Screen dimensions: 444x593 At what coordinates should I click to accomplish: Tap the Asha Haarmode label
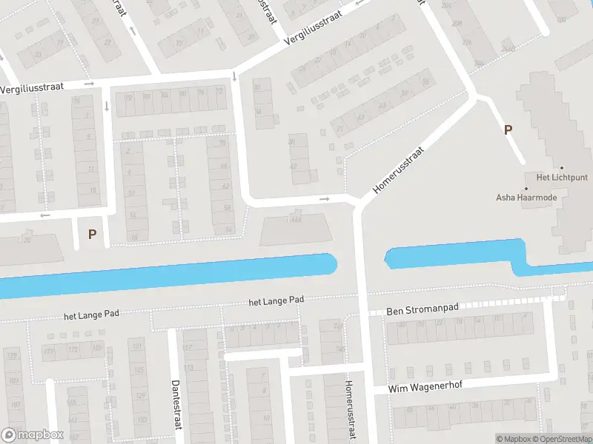coord(526,198)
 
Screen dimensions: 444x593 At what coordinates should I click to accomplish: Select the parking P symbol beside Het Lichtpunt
coord(508,130)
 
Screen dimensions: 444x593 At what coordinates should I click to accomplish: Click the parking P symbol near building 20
coord(93,235)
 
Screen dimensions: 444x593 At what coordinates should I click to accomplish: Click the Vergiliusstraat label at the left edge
coord(32,87)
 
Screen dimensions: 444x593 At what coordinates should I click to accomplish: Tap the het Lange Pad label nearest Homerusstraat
coord(276,300)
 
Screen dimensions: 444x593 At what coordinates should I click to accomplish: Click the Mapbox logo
coord(33,435)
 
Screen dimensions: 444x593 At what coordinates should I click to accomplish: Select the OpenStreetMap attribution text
coord(560,439)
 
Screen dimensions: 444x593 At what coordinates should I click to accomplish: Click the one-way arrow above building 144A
coord(324,198)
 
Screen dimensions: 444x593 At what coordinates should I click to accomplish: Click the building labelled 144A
coord(296,229)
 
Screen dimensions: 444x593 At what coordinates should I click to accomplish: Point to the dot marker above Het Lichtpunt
coord(562,168)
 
